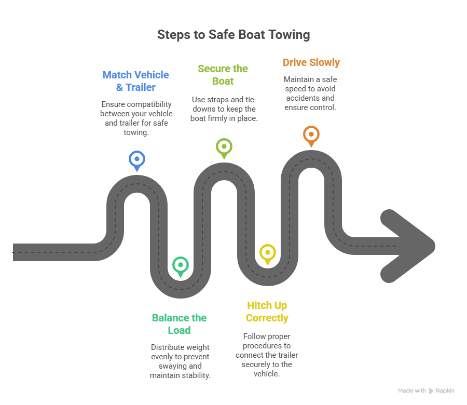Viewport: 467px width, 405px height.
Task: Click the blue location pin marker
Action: tap(136, 159)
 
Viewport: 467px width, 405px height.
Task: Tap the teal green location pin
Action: tap(180, 265)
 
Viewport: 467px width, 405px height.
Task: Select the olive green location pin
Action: tap(224, 147)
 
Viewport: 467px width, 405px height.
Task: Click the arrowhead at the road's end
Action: tap(407, 245)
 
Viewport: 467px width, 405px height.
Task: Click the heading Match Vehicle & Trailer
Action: tap(136, 81)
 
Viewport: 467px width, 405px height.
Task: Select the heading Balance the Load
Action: tap(179, 324)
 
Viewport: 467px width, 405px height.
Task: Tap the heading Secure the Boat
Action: tap(223, 75)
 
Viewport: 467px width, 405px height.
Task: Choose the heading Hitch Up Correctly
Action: tap(267, 312)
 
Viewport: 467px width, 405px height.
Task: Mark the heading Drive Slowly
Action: tap(311, 62)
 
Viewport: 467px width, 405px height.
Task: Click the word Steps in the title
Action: tap(174, 35)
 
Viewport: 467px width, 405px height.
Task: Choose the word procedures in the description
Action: tap(266, 346)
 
